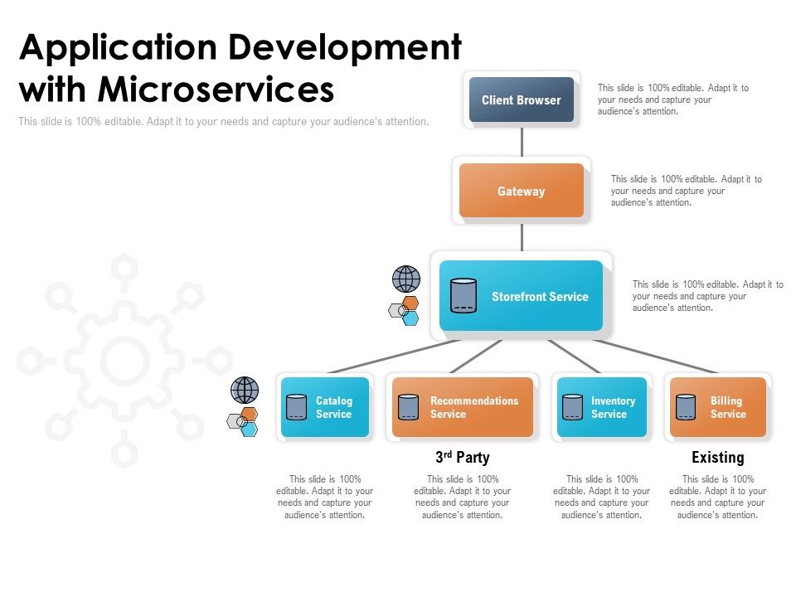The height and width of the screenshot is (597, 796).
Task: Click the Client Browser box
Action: [521, 99]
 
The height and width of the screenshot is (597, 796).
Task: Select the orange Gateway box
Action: [521, 191]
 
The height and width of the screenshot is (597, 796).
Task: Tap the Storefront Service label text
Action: [540, 296]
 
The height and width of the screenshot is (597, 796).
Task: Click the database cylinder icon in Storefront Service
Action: [463, 295]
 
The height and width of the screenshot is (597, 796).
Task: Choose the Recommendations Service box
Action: [462, 407]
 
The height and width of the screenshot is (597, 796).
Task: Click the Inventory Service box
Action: [601, 407]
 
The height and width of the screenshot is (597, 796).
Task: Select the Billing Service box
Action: [717, 407]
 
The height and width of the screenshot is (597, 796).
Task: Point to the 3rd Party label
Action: [462, 457]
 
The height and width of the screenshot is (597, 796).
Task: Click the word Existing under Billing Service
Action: [717, 457]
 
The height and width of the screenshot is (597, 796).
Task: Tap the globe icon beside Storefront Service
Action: [405, 279]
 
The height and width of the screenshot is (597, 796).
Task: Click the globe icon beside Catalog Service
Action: [245, 390]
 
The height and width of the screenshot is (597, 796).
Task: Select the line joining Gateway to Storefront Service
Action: [522, 236]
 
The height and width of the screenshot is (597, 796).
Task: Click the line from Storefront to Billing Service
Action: [655, 356]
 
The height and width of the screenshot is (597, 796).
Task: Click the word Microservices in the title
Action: [216, 88]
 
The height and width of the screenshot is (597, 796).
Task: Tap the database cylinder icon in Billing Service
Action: [686, 407]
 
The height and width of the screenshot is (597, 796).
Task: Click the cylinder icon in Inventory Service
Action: [572, 407]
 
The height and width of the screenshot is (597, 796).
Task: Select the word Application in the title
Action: [116, 48]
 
